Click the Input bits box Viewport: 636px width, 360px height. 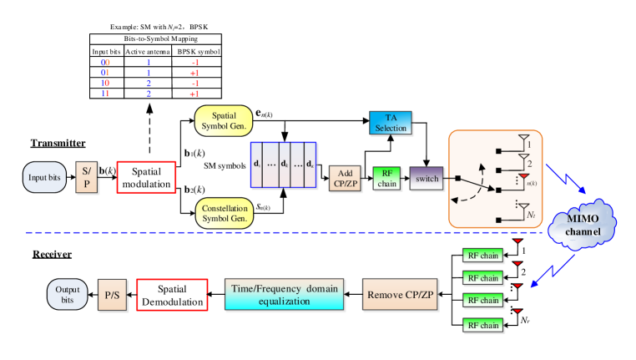[43, 177]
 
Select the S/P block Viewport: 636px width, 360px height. [87, 177]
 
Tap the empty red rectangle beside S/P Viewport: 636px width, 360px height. [146, 177]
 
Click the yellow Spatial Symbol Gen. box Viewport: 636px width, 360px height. [224, 120]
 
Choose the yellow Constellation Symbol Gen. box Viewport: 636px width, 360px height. [224, 213]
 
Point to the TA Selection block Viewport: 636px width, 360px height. [391, 123]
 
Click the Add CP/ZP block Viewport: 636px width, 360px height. [346, 178]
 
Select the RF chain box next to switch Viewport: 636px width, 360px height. [386, 178]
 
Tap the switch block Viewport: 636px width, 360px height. [427, 178]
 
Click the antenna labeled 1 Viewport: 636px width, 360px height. [523, 139]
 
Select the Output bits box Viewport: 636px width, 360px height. [68, 294]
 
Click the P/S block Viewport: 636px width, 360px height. [111, 295]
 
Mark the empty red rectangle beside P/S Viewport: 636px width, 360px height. [172, 295]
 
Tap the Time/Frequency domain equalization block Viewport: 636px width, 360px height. [285, 295]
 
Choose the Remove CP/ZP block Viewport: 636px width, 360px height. [401, 295]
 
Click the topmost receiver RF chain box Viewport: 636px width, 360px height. [482, 255]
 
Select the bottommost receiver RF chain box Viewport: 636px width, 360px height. [482, 325]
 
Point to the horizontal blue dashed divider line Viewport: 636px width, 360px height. [250, 232]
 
